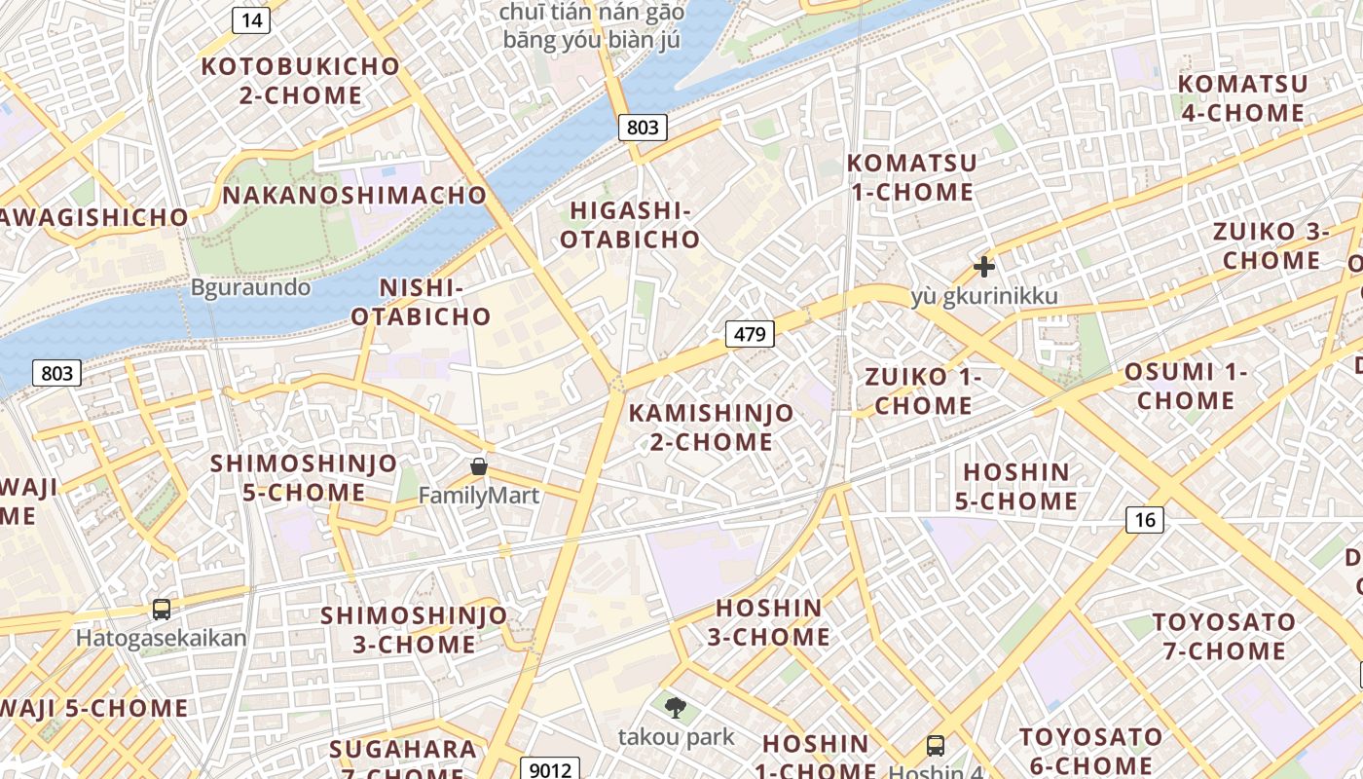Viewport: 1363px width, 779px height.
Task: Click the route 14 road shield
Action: pos(251,20)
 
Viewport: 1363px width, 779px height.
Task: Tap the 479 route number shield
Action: pos(750,335)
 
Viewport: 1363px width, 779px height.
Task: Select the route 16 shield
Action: pos(1145,520)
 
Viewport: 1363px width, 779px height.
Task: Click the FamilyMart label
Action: pos(479,496)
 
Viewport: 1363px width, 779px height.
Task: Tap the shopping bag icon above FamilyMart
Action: pos(479,466)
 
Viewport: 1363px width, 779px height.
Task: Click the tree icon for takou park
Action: pos(675,708)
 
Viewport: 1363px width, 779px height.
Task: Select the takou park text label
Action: pos(676,737)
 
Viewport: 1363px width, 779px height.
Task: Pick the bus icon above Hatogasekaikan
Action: pos(162,610)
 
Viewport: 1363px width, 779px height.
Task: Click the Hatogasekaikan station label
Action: pos(162,639)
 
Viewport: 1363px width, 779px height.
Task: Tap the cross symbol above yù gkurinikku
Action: pos(984,266)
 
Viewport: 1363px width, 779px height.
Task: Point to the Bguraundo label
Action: pos(251,287)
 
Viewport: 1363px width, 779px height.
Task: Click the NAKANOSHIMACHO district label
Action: pos(354,195)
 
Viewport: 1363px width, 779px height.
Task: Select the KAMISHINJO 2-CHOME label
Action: pos(711,427)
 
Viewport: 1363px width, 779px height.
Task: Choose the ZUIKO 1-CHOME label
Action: pos(923,390)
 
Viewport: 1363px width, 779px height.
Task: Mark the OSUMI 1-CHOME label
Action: pos(1186,386)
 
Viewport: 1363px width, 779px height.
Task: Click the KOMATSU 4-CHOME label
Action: pos(1242,98)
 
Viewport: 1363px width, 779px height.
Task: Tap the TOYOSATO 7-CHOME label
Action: pos(1224,636)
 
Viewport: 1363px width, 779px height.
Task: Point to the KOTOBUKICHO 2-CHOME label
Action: pos(301,81)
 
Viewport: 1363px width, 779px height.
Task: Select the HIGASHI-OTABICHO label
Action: pos(630,225)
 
